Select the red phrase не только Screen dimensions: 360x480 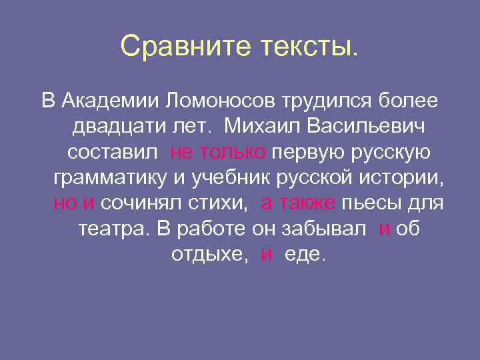click(218, 152)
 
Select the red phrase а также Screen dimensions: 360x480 click(298, 203)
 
